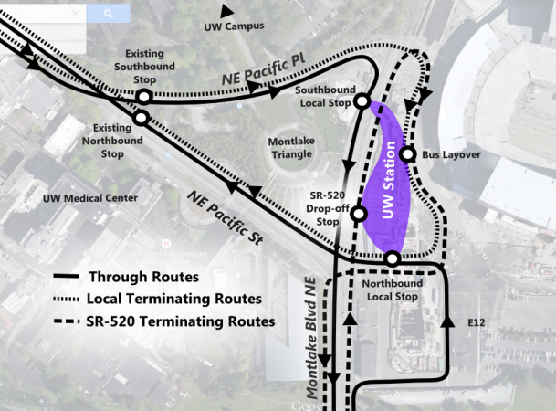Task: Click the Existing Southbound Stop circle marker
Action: pyautogui.click(x=143, y=96)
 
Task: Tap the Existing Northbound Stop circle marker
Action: pyautogui.click(x=142, y=118)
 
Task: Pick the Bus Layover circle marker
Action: pyautogui.click(x=408, y=154)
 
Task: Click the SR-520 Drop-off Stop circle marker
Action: pyautogui.click(x=359, y=214)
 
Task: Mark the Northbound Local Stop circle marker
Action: pyautogui.click(x=392, y=259)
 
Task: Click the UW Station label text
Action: pyautogui.click(x=391, y=177)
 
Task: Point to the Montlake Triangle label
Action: pyautogui.click(x=291, y=148)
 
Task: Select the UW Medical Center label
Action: pyautogui.click(x=90, y=198)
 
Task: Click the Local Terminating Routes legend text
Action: pyautogui.click(x=174, y=300)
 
